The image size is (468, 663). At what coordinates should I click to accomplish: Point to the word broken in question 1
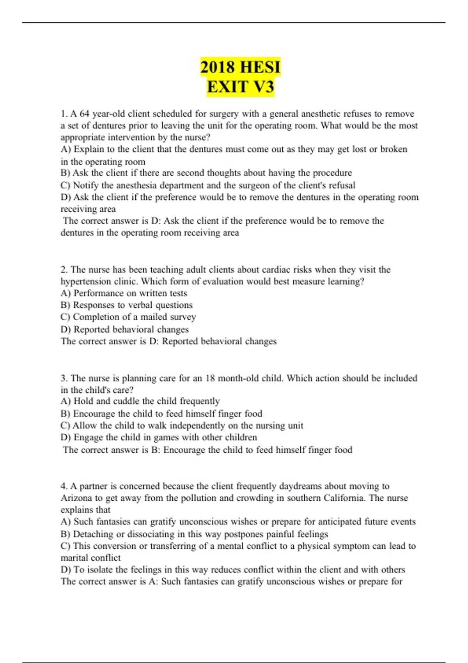394,149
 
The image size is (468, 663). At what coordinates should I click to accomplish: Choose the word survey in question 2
183,317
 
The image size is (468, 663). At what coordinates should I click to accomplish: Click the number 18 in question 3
210,378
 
